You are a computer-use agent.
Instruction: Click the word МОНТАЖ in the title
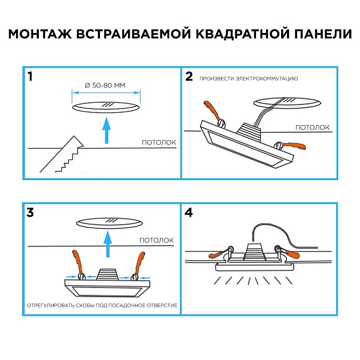[x=39, y=34]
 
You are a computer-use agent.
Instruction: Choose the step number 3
[x=30, y=213]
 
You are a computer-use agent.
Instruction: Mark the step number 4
[x=189, y=213]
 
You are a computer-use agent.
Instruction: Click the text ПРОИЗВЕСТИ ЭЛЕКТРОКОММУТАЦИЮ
[x=249, y=78]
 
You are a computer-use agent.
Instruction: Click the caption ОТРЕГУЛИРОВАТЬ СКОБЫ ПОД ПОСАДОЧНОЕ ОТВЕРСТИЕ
[x=102, y=306]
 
